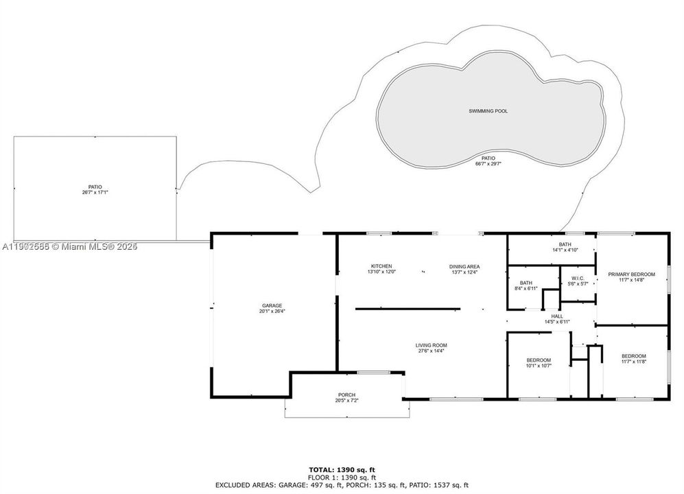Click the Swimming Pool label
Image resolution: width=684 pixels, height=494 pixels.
[x=488, y=110]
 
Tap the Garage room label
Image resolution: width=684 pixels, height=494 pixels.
[x=272, y=305]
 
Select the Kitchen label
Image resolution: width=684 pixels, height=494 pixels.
[x=381, y=266]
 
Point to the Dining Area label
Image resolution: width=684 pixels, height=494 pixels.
[x=464, y=266]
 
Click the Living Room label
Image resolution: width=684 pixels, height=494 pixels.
[x=431, y=345]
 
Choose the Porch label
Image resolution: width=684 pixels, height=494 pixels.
[x=346, y=395]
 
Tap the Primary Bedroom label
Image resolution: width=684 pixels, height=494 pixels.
[x=631, y=274]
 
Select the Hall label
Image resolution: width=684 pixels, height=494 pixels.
[x=557, y=316]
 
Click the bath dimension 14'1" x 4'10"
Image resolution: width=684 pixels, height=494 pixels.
[x=565, y=250]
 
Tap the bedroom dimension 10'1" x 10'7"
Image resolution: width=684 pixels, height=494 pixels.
[x=539, y=366]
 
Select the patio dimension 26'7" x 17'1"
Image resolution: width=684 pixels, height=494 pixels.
[x=95, y=193]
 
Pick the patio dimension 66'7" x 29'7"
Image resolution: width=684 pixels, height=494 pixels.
[x=488, y=164]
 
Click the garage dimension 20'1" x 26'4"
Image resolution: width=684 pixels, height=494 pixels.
[x=272, y=311]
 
